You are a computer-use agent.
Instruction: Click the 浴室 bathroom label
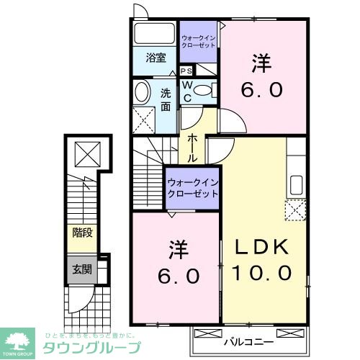156,58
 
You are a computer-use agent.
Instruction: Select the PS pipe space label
186,71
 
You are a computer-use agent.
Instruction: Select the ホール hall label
194,147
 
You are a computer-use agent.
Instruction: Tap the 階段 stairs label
81,233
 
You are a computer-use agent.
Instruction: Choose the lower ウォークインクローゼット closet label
193,188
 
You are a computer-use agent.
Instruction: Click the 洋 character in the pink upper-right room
261,64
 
